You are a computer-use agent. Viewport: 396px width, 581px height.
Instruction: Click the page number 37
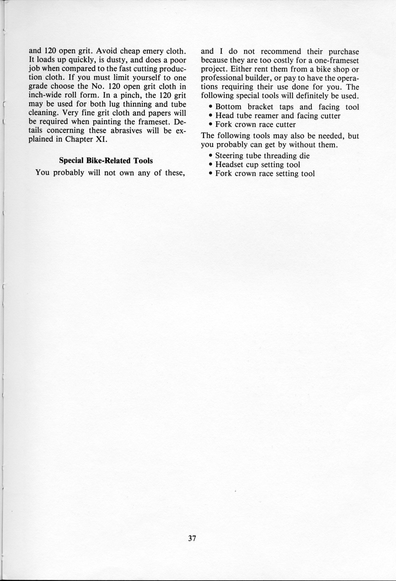tap(192, 538)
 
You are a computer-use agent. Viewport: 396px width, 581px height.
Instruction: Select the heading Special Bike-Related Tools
tap(106, 161)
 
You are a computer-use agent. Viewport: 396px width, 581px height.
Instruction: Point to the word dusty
tap(117, 60)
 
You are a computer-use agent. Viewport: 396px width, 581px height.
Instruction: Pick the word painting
tap(106, 122)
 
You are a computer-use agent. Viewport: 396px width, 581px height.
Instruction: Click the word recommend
tap(281, 51)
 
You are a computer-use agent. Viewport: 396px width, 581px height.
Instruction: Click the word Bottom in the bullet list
tap(228, 107)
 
